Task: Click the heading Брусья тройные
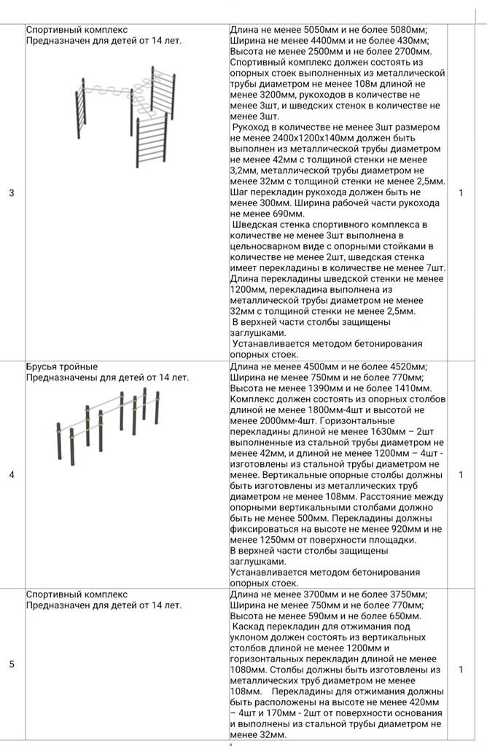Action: [62, 366]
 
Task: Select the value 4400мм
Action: [317, 41]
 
